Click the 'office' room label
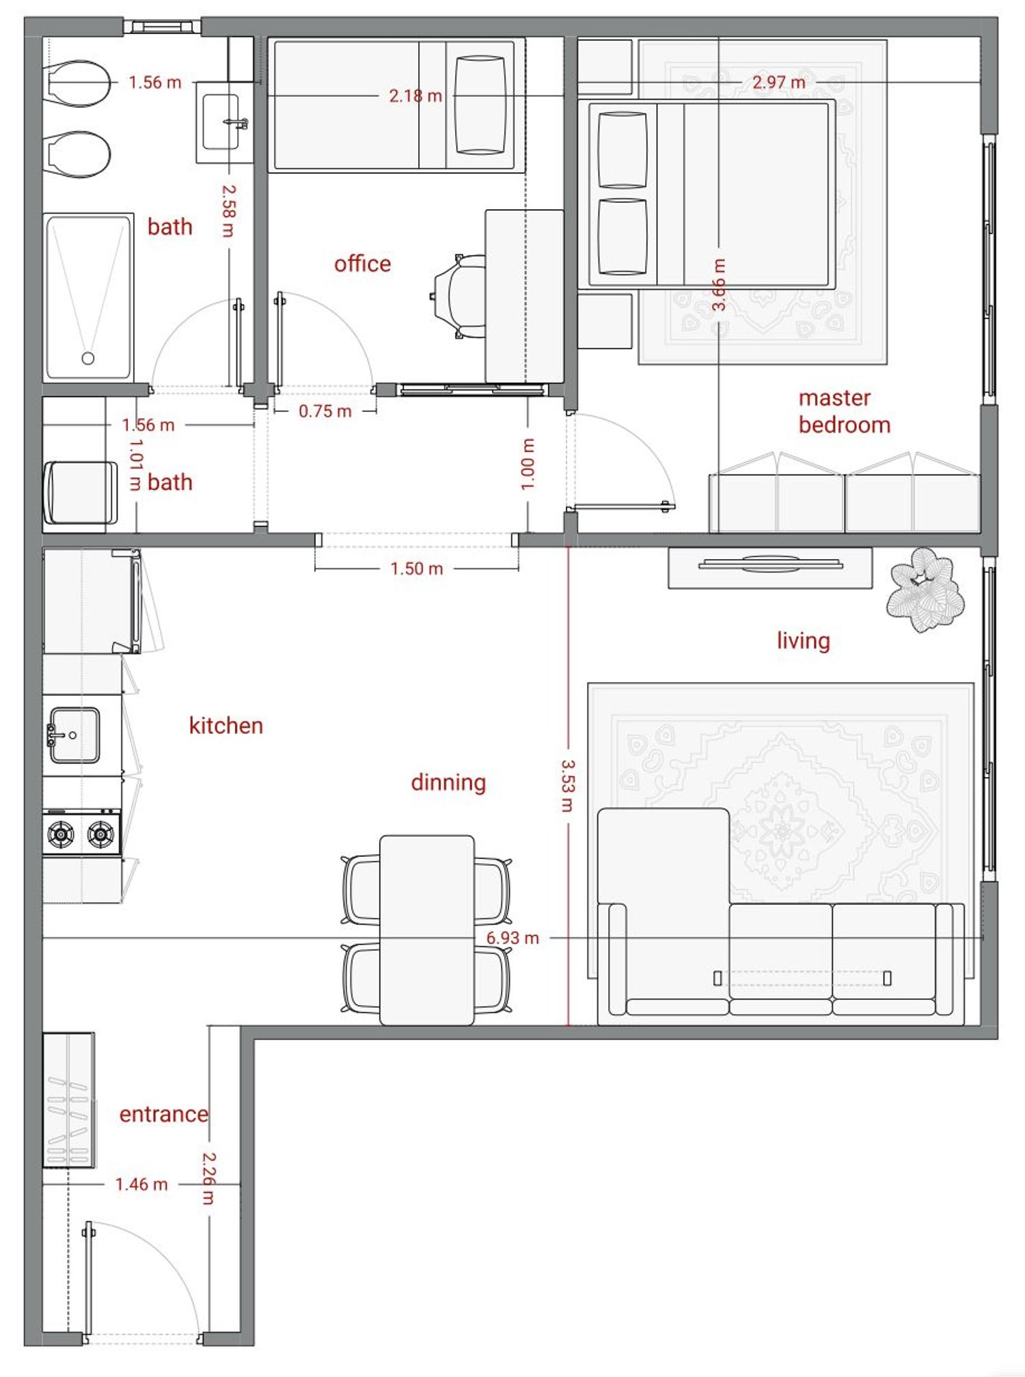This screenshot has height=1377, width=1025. click(x=362, y=264)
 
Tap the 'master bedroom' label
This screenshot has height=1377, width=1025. click(x=844, y=411)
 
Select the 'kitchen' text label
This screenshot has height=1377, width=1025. click(x=225, y=725)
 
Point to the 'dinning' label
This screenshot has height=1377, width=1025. click(x=448, y=782)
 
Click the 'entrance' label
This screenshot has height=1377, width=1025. click(x=163, y=1115)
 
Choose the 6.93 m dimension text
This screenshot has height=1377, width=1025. click(x=512, y=938)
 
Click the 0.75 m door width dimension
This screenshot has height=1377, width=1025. click(x=325, y=411)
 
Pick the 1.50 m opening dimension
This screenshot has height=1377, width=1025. click(x=417, y=569)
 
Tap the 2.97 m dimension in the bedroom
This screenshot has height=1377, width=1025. click(x=779, y=82)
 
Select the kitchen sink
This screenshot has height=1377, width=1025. click(x=73, y=735)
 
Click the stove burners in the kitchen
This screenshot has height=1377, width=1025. click(x=81, y=833)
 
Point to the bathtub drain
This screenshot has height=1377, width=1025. click(x=87, y=358)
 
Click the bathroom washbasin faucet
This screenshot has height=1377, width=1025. click(x=236, y=123)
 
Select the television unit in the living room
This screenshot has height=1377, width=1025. click(x=770, y=567)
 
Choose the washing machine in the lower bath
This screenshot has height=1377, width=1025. click(x=81, y=493)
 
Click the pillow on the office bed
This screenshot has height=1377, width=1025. click(x=480, y=105)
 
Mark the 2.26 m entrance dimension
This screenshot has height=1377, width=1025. click(x=209, y=1179)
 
